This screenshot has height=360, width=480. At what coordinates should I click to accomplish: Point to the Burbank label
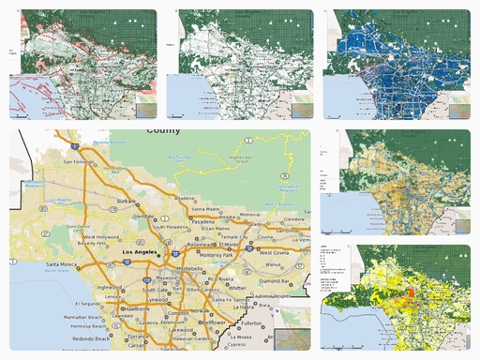pyautogui.click(x=128, y=201)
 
